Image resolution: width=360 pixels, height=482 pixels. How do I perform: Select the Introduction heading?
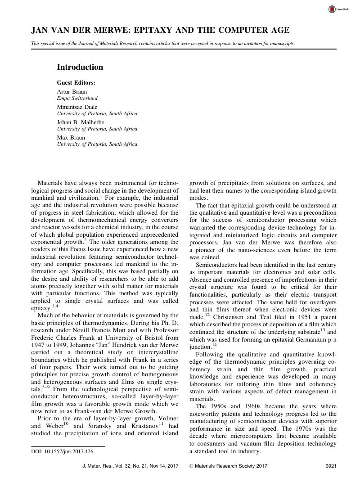pos(80,67)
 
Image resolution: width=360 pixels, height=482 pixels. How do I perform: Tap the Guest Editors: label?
pos(76,83)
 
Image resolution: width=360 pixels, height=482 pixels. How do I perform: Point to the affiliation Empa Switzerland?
pos(77,98)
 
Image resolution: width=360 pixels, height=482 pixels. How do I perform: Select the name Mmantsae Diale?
pos(77,107)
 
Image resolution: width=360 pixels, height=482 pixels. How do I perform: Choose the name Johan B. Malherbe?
pos(80,122)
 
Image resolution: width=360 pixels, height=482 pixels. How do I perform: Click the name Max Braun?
pos(71,137)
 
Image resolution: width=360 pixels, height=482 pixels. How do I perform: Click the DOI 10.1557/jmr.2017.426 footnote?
pos(62,451)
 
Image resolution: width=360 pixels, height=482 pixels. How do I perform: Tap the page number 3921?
pos(331,467)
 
